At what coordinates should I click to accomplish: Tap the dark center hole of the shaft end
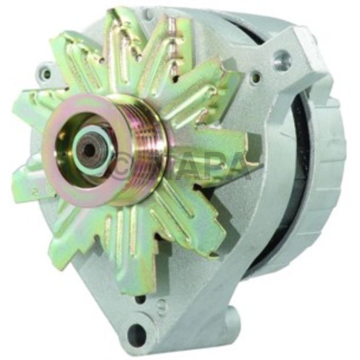[89, 150]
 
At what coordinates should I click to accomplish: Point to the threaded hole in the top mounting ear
[282, 61]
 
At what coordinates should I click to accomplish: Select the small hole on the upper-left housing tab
[47, 74]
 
